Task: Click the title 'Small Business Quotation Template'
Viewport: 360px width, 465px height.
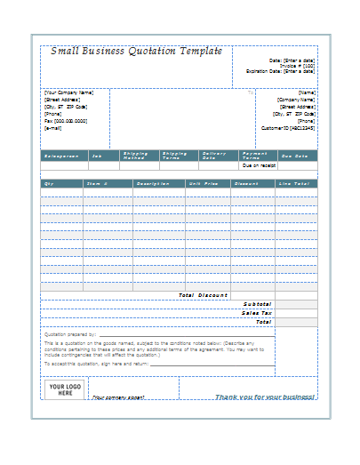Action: click(136, 52)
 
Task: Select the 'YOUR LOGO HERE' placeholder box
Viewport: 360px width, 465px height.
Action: click(60, 389)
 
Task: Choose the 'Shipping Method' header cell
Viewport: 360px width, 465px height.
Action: click(135, 156)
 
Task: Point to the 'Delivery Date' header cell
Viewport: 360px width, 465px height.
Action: click(215, 156)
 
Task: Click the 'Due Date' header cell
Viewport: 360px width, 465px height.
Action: click(294, 156)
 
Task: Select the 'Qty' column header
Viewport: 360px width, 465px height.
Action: click(49, 183)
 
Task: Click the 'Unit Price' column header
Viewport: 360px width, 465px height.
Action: click(203, 183)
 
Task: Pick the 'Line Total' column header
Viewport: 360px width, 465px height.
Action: click(293, 183)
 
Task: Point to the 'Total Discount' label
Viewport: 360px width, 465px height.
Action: click(203, 295)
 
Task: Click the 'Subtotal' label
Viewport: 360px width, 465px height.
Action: click(257, 304)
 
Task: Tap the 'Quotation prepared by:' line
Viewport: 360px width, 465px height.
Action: click(70, 334)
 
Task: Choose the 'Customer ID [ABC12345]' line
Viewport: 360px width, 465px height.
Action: click(287, 127)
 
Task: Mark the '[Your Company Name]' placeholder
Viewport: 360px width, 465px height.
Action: click(69, 92)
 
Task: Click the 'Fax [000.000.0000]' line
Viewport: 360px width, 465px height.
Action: click(66, 121)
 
